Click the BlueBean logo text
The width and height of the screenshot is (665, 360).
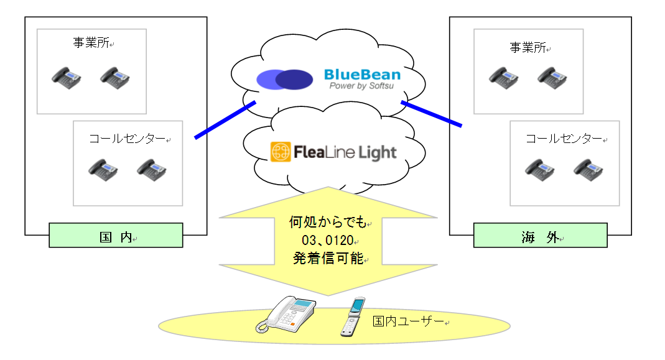point(362,75)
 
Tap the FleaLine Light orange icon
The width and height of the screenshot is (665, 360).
point(281,152)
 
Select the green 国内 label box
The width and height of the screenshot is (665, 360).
point(116,236)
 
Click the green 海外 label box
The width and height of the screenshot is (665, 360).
point(540,236)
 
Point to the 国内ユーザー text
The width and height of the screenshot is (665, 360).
point(408,321)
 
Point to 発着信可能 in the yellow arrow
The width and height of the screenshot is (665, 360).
point(327,258)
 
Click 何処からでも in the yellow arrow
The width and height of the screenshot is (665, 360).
point(328,222)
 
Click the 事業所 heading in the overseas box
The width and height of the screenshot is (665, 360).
point(528,47)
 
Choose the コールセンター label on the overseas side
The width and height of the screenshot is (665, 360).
point(564,139)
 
